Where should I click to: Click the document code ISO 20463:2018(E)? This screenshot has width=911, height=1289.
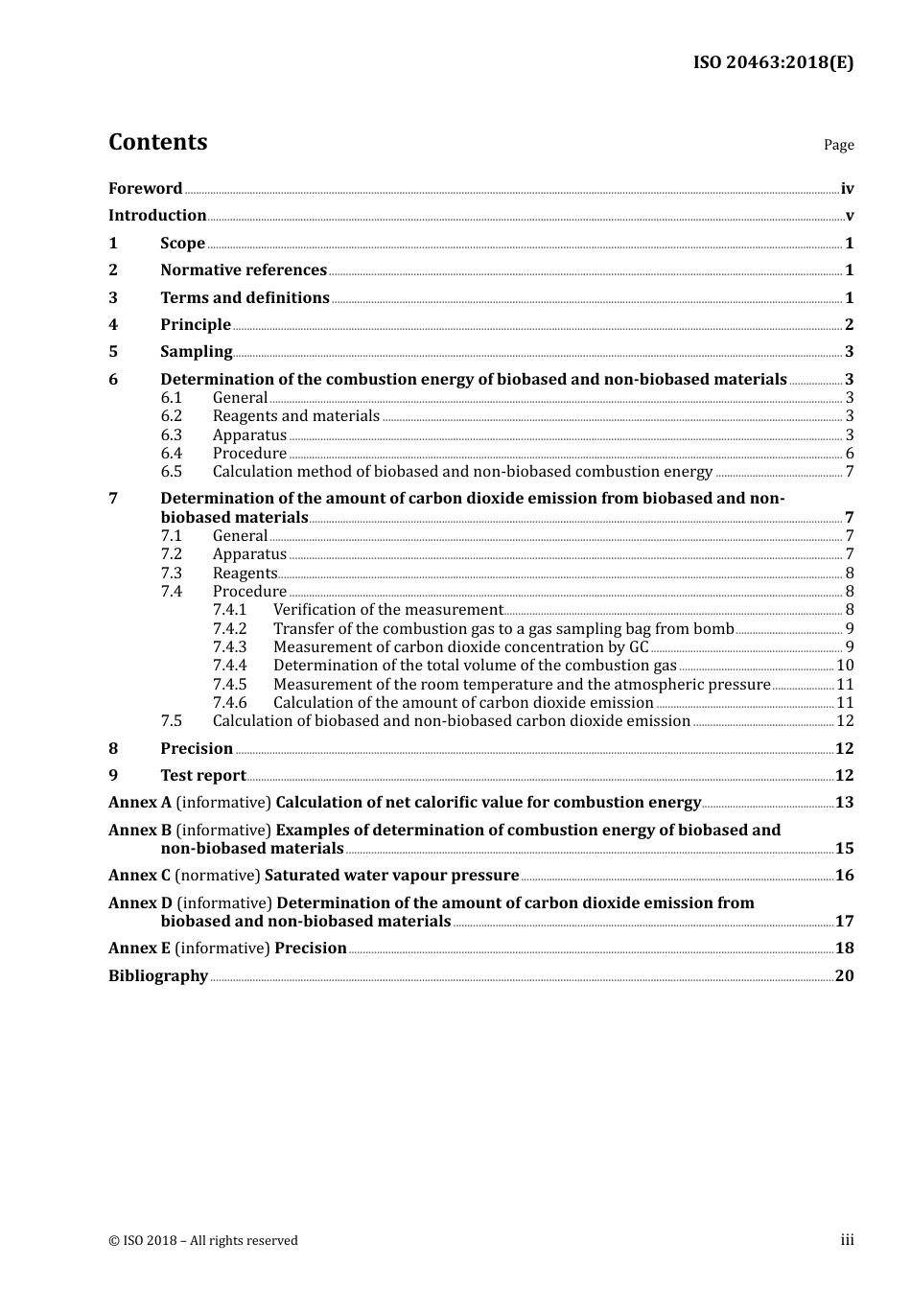coord(773,62)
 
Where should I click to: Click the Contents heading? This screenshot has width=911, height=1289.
coord(157,142)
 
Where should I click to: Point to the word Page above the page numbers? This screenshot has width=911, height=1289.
coord(838,145)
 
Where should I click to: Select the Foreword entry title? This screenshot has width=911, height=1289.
coord(145,189)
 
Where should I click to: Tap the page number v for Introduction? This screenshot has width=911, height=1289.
coord(849,216)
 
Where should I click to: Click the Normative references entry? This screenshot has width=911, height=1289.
coord(244,270)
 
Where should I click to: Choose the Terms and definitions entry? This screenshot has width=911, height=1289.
coord(245,298)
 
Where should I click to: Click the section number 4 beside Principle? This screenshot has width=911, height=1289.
coord(113,325)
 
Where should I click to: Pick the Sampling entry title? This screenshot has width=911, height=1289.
coord(196,352)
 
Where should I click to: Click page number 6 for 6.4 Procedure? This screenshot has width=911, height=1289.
coord(849,454)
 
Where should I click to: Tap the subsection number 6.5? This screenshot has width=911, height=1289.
coord(171,472)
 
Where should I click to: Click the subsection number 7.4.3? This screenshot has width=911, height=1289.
coord(229,647)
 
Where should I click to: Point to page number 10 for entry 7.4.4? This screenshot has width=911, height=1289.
coord(845,666)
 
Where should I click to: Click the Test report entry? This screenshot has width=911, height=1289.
coord(202,776)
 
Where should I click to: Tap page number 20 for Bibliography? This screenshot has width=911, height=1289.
coord(844,976)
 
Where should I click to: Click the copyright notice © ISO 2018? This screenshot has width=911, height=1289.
coord(203,1241)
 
